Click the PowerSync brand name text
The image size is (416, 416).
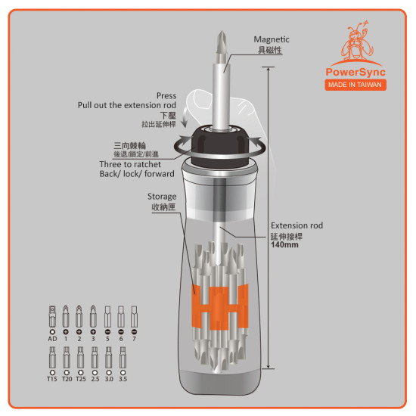[x=355, y=73]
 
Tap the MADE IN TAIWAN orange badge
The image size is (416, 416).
[x=355, y=85]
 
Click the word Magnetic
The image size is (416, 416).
[x=272, y=39]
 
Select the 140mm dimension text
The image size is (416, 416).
[x=284, y=244]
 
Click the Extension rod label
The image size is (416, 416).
[x=297, y=225]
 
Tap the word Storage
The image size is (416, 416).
[x=162, y=197]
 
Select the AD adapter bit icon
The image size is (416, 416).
[x=52, y=316]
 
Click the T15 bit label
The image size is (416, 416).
[x=52, y=379]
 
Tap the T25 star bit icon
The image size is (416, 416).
[x=80, y=358]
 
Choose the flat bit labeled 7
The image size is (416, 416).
[x=134, y=316]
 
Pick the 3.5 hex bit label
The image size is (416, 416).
[x=123, y=379]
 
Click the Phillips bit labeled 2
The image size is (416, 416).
[x=79, y=316]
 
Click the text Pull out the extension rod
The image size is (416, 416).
[x=127, y=105]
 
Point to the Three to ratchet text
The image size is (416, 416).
[x=130, y=164]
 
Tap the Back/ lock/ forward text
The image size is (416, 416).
[x=137, y=174]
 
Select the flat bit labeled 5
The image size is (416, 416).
[x=107, y=316]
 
